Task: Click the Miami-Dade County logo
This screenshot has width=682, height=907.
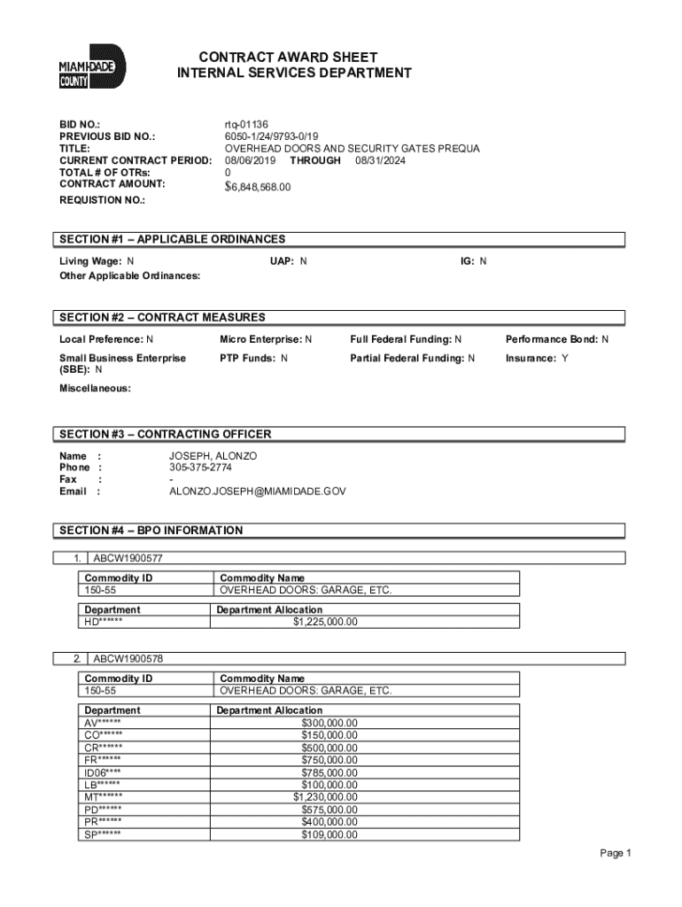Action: click(92, 68)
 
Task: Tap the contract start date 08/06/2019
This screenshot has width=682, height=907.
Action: click(251, 160)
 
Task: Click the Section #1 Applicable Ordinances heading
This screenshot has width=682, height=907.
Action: click(173, 239)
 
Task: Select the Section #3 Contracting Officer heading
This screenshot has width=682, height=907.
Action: click(166, 434)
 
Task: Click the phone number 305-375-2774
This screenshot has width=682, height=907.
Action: click(202, 467)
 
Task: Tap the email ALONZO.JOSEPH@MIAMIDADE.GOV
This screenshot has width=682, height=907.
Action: click(257, 490)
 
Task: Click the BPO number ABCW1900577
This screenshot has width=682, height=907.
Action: click(128, 559)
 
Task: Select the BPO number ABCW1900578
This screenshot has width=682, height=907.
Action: click(128, 659)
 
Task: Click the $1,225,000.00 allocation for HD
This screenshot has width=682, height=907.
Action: click(325, 622)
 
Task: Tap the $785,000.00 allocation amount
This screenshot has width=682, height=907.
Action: click(329, 772)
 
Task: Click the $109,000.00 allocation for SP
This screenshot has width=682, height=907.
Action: click(329, 834)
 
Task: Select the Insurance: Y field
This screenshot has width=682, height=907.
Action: click(537, 358)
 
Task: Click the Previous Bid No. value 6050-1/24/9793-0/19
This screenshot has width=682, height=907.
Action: click(275, 136)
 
